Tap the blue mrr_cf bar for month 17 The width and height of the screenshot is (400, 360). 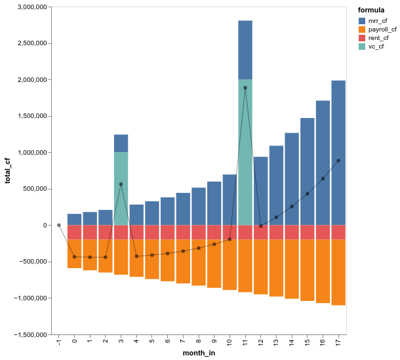tap(338, 153)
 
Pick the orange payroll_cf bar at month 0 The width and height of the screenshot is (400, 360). tap(75, 254)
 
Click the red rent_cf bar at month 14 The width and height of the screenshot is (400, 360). tap(292, 233)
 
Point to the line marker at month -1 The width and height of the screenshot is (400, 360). tap(59, 225)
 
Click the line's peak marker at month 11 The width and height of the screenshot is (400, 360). tap(245, 87)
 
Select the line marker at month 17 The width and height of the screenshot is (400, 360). tap(338, 161)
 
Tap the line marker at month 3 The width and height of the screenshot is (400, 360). tap(121, 184)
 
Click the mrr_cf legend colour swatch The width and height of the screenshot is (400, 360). tap(363, 21)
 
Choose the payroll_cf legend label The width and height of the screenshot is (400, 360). tap(382, 30)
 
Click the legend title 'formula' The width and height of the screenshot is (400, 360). tap(371, 10)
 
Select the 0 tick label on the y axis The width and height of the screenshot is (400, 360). tap(44, 225)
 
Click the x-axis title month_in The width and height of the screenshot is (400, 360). tap(199, 354)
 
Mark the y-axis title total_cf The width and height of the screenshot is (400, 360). tap(8, 170)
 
